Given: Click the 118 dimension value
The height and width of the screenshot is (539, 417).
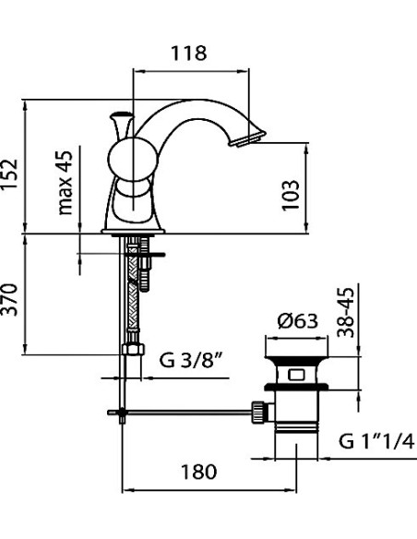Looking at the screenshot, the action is click(189, 54).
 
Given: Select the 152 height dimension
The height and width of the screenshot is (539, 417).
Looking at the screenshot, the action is click(9, 174).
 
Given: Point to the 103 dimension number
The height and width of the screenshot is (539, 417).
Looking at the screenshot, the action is click(291, 195).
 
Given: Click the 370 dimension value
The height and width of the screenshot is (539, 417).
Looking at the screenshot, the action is click(9, 299).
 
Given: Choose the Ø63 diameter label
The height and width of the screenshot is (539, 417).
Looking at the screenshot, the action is click(297, 321).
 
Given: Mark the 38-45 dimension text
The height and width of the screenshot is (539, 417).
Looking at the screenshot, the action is click(346, 313).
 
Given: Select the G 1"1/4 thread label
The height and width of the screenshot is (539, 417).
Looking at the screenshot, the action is click(376, 441).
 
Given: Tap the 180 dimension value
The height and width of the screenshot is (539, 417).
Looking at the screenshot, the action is click(199, 472).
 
